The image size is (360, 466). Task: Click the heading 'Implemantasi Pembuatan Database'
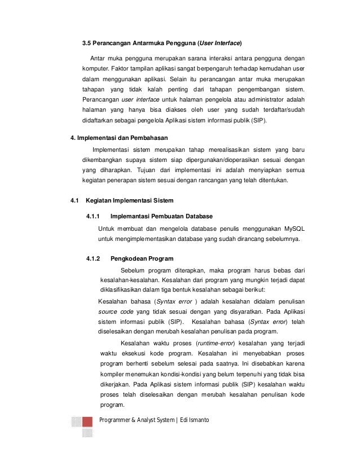[163, 217]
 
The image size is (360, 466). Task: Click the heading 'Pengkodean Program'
[142, 259]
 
